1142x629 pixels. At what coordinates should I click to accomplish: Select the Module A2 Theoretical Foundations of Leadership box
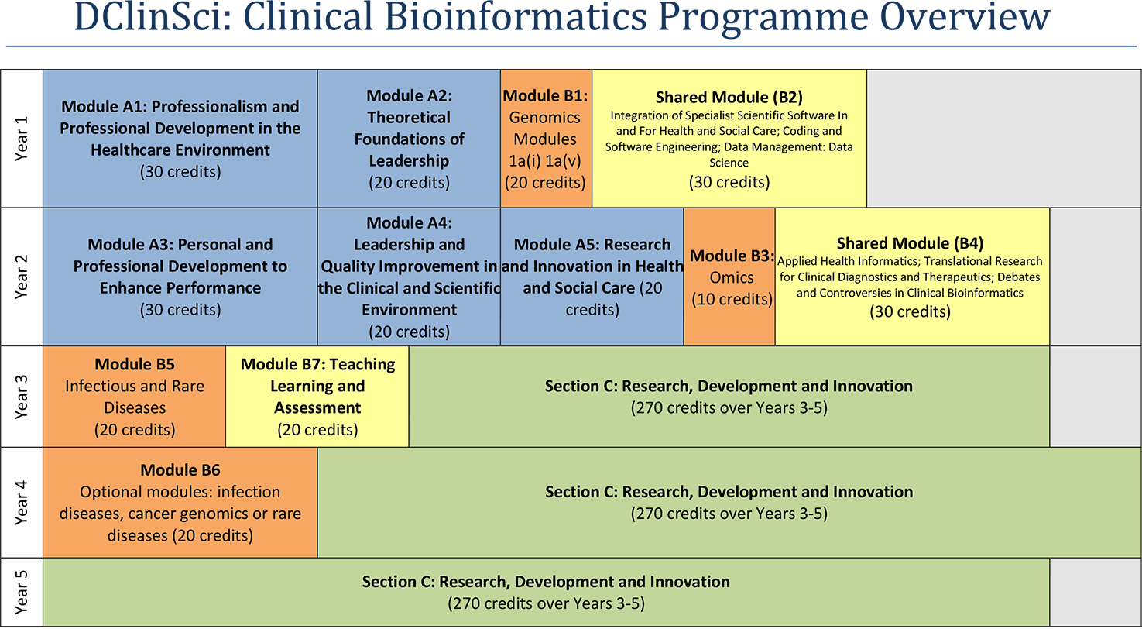coord(409,139)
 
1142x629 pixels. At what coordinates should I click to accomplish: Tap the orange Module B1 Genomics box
coord(546,139)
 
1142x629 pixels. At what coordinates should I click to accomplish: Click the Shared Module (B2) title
coord(729,97)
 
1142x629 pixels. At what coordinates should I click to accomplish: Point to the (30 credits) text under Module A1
coord(180,172)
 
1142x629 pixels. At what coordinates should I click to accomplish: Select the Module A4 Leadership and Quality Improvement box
coord(409,277)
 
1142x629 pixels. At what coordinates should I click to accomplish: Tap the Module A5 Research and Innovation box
coord(592,277)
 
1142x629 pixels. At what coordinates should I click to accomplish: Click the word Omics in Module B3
coord(731,277)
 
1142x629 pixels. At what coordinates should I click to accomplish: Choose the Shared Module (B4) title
coord(910,243)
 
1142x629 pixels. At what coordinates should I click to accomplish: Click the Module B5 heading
coord(135,364)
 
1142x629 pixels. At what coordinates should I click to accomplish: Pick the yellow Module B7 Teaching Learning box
coord(317,396)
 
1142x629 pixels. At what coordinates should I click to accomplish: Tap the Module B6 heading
coord(180,470)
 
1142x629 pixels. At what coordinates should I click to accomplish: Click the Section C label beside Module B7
coord(729,386)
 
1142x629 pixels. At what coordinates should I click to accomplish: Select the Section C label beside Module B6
coord(729,492)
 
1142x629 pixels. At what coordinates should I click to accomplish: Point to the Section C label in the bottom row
coord(546,581)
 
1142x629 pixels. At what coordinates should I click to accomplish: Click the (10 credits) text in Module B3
coord(731,299)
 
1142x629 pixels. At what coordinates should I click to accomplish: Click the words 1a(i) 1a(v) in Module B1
coord(546,161)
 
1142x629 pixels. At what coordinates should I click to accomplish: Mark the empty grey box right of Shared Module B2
coord(1003,139)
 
